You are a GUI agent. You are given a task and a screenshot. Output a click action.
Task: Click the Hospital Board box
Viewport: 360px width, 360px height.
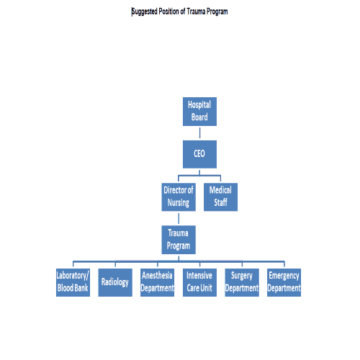pos(199,112)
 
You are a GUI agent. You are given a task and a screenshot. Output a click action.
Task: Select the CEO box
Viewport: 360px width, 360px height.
pos(199,154)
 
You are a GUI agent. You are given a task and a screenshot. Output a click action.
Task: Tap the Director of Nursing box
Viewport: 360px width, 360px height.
pos(179,197)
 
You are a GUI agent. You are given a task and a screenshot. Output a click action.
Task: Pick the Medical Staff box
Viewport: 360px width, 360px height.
pos(220,197)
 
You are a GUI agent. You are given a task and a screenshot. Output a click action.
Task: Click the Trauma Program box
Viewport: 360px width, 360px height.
pos(179,240)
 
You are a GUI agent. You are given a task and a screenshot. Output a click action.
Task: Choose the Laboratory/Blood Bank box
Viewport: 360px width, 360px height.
pos(73,282)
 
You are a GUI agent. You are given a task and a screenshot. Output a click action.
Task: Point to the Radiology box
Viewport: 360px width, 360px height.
pos(115,282)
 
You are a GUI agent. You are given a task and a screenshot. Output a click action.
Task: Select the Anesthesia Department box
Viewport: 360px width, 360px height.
pos(158,282)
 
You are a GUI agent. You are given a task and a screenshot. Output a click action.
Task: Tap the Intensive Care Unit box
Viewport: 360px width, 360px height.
pos(199,282)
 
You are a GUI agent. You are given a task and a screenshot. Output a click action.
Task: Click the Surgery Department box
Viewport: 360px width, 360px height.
pos(242,282)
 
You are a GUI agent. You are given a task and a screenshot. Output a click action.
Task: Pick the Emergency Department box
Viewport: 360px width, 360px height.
pos(284,282)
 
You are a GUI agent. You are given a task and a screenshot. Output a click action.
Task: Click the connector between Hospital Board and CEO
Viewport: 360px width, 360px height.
pos(199,133)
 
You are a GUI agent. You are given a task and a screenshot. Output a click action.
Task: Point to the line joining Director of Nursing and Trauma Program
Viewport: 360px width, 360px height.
pos(179,218)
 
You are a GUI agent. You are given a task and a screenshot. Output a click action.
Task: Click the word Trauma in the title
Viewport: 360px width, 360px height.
pos(196,12)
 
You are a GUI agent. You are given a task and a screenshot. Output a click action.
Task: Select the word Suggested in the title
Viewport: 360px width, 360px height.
pos(144,12)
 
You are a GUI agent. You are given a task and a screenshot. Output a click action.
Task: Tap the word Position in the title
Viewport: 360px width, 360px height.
pos(169,12)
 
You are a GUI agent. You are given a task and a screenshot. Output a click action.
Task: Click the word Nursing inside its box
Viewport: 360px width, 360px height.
pos(179,203)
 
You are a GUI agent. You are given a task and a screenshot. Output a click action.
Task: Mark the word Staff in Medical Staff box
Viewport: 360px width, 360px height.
pos(220,202)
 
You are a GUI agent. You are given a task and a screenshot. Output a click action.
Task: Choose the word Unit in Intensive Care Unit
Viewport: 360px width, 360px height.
pos(207,288)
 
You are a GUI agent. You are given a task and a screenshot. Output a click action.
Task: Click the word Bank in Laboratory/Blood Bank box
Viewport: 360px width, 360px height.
pos(81,288)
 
